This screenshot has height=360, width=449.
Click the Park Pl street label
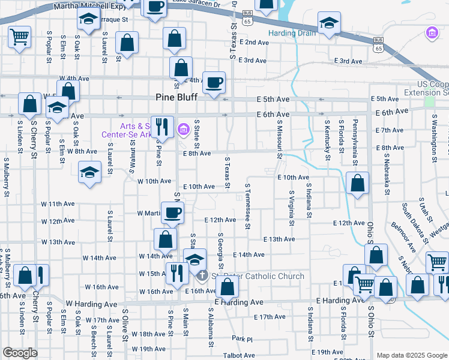tap(243, 338)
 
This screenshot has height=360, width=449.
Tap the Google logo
tap(20, 353)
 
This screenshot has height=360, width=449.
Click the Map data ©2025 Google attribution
tap(411, 355)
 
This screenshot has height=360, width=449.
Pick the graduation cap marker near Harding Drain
tap(328, 24)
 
